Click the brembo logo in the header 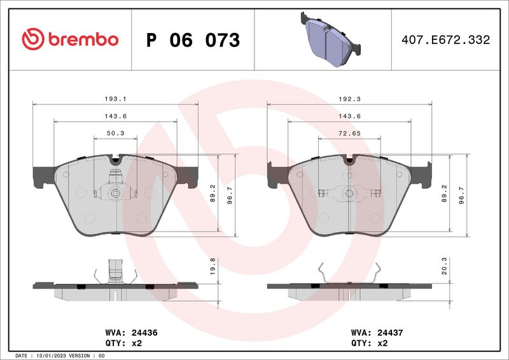(70, 39)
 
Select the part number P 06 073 (193, 40)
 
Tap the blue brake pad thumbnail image (328, 39)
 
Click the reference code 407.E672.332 (445, 40)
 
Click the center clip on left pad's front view (115, 194)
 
